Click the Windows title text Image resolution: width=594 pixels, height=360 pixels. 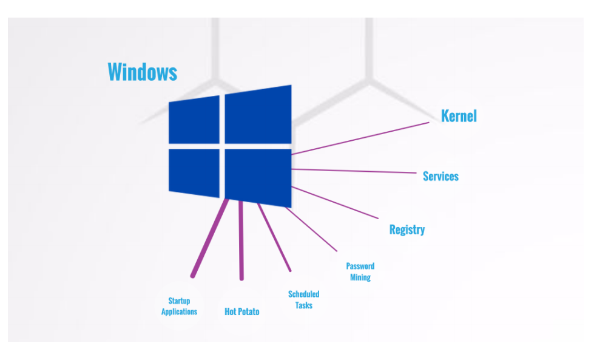143,72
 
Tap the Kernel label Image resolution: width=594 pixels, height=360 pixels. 459,116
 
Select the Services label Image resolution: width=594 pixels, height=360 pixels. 440,176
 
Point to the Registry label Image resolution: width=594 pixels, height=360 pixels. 407,229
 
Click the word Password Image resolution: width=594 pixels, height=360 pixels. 360,266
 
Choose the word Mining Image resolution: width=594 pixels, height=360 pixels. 360,277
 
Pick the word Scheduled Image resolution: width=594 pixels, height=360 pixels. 304,294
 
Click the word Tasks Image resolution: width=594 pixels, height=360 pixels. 304,305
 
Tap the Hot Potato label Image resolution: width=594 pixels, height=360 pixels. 242,311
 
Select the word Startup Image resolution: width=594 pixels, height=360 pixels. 179,301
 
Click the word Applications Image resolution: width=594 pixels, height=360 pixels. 179,311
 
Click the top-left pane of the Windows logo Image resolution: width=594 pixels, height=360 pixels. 194,120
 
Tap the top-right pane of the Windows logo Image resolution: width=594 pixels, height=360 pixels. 258,115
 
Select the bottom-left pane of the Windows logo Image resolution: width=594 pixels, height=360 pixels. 194,173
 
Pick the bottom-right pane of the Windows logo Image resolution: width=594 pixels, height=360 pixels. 258,178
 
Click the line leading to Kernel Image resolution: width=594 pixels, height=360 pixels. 360,138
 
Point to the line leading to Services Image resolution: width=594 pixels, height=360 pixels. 354,171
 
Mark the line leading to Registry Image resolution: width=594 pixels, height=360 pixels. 335,202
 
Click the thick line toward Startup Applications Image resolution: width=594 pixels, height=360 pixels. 211,237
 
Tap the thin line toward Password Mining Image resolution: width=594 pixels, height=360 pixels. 311,229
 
